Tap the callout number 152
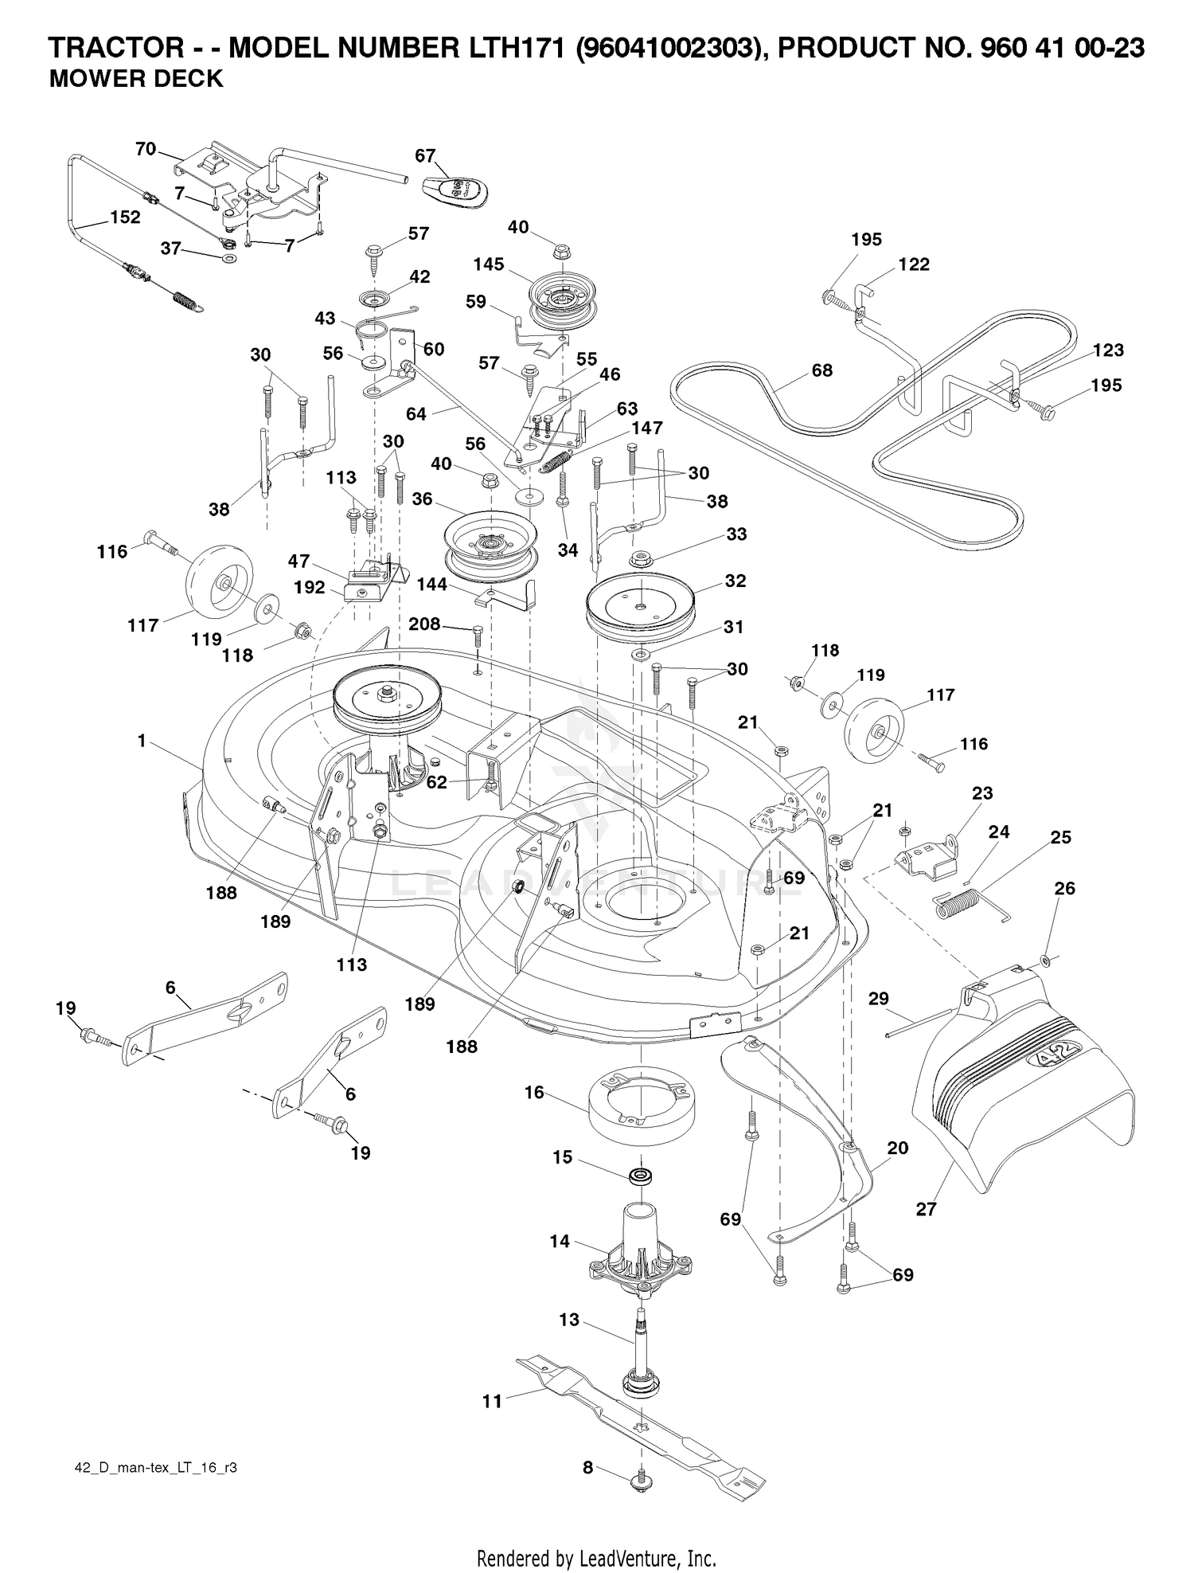tap(125, 217)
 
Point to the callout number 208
tap(424, 624)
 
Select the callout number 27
tap(926, 1208)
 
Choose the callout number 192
tap(309, 587)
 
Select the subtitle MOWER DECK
tap(136, 80)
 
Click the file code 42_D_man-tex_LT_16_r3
tap(143, 1468)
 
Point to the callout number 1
tap(142, 741)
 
